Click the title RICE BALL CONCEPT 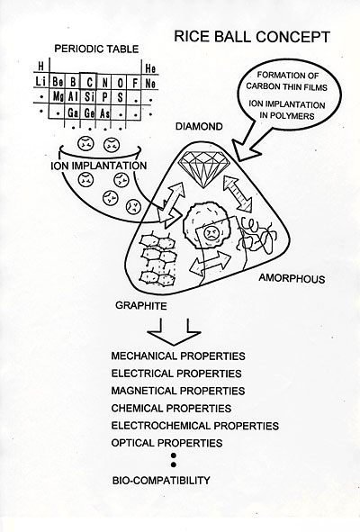coord(252,37)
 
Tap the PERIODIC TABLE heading coord(96,49)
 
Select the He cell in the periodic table coord(150,69)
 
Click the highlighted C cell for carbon coord(89,81)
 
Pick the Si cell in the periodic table coord(89,96)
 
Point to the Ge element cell coord(89,113)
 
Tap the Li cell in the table coord(41,82)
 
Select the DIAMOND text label coord(199,127)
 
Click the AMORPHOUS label coord(292,278)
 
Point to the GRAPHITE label coord(141,306)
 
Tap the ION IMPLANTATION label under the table coord(99,166)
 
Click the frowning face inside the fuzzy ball coord(211,232)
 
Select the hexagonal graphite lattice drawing coord(157,257)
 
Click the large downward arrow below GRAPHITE coord(174,332)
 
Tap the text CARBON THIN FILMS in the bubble coord(287,86)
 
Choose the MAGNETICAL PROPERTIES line coord(178,391)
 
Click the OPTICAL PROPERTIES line coord(166,443)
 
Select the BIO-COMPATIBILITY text coord(161,481)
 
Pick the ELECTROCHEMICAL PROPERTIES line coord(195,426)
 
